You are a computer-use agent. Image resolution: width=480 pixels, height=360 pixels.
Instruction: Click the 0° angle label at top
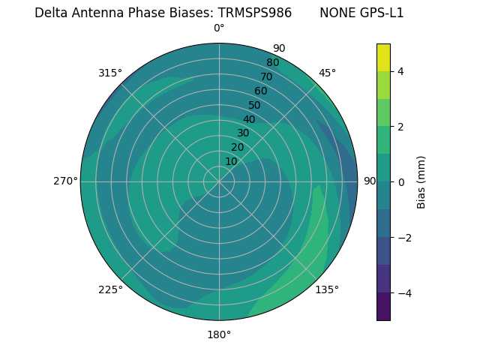[x=219, y=28]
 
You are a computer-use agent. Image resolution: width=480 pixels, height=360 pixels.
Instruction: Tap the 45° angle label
[x=327, y=73]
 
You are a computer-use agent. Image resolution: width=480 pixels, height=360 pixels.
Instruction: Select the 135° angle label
[x=327, y=289]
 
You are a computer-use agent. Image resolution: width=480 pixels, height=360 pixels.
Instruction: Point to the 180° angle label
[x=219, y=334]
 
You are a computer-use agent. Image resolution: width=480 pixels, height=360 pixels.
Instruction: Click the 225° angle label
[x=110, y=289]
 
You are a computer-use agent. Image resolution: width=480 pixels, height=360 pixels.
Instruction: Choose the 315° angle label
[x=110, y=73]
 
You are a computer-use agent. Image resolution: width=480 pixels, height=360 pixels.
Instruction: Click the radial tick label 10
[x=231, y=161]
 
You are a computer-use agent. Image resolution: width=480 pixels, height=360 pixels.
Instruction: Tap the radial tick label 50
[x=255, y=105]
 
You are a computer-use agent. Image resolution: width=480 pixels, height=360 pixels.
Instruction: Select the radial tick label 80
[x=273, y=62]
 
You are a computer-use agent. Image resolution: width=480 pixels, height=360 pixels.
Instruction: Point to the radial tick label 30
[x=243, y=133]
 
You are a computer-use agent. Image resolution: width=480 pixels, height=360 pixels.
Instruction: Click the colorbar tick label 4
[x=400, y=71]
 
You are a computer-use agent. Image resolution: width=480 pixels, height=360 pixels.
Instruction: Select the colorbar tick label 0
[x=400, y=181]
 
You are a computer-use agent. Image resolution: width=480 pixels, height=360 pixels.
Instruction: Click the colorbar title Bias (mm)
[x=421, y=181]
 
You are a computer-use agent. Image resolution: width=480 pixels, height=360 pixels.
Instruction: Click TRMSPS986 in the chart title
[x=255, y=13]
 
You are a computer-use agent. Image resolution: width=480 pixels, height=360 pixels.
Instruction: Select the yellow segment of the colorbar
[x=383, y=57]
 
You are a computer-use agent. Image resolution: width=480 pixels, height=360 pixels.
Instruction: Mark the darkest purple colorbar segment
[x=383, y=306]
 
